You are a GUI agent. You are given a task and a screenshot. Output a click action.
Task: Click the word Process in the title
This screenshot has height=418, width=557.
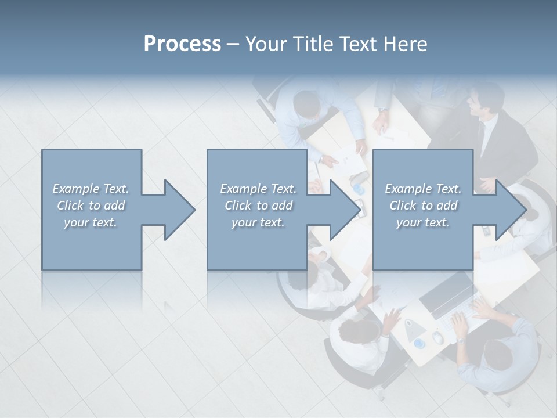(182, 44)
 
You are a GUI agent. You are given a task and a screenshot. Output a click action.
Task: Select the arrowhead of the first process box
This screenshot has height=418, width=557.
(179, 210)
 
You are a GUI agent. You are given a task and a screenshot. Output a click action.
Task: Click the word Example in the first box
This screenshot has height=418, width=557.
(76, 189)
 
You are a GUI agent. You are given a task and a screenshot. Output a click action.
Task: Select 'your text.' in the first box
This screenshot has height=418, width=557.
(91, 222)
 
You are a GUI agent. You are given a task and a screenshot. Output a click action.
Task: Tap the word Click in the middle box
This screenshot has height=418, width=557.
(237, 206)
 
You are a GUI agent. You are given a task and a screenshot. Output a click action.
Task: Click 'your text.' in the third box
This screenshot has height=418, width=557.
(423, 222)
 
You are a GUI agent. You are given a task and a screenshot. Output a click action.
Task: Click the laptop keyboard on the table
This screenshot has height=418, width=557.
(464, 314)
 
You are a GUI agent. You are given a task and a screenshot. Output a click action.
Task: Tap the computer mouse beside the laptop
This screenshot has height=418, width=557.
(437, 337)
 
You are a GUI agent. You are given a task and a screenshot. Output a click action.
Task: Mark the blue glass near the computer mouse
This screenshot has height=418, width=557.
(419, 344)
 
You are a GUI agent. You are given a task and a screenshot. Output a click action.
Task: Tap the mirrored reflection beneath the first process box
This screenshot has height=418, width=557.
(92, 290)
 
